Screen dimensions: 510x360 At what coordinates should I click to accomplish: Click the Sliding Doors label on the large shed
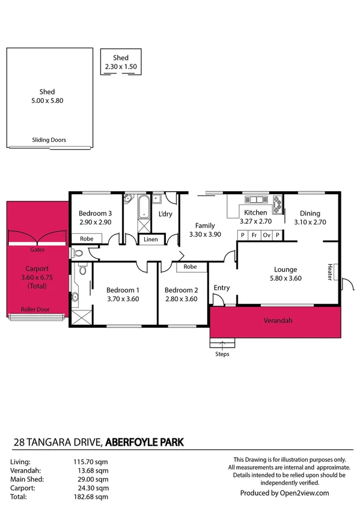coord(49,140)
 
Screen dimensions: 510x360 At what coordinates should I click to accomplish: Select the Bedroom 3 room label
coord(96,214)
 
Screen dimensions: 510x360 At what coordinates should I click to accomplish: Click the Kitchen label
coord(255,213)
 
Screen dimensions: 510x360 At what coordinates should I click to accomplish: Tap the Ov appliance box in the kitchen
coord(266,235)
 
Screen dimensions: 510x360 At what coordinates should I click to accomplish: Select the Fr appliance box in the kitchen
coord(254,235)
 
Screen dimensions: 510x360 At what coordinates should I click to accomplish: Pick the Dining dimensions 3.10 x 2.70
coord(310,222)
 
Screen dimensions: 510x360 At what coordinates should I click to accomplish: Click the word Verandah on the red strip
coord(278,321)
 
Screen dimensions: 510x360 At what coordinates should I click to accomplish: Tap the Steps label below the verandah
coord(222,354)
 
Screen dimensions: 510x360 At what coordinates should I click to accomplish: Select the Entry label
coord(222,288)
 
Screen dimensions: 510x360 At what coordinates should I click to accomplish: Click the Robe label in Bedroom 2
coord(190,266)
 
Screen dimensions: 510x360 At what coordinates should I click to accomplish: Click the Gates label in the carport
coord(37,248)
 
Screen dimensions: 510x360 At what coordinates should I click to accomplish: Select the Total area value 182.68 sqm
coord(95,497)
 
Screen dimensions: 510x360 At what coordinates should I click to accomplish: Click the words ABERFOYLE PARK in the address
coord(144,442)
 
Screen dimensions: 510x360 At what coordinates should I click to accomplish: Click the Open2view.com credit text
coord(284,493)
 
